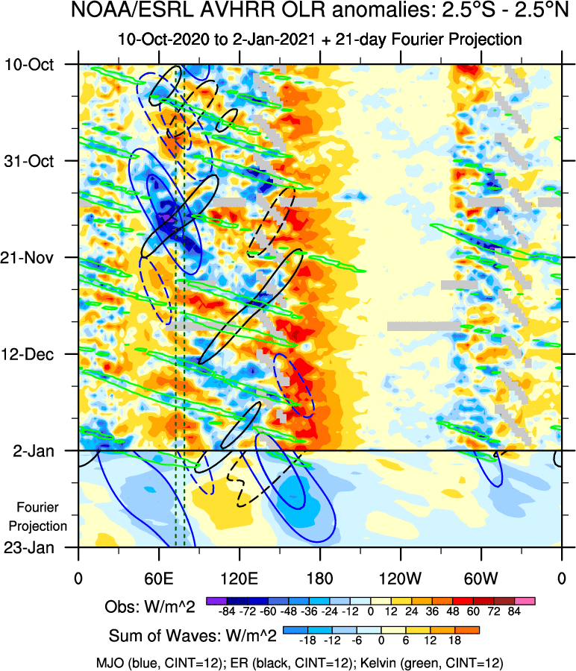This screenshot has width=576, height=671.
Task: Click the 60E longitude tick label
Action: pyautogui.click(x=159, y=578)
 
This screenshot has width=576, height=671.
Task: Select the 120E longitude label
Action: pyautogui.click(x=239, y=578)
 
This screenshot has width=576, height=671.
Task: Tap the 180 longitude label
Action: pyautogui.click(x=319, y=578)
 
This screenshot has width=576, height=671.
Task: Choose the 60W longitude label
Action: pyautogui.click(x=480, y=578)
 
